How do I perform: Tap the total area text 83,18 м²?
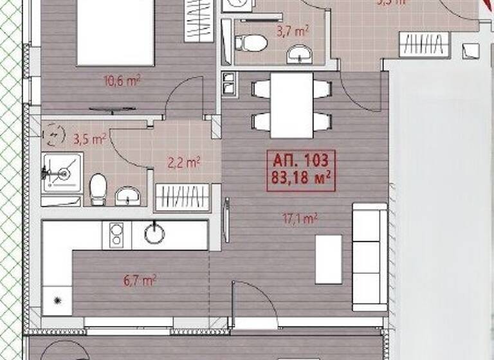pyautogui.click(x=300, y=177)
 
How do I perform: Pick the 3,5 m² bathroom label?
pyautogui.click(x=89, y=139)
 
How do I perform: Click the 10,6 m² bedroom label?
pyautogui.click(x=122, y=81)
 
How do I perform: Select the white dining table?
pyautogui.click(x=291, y=105)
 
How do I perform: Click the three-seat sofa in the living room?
pyautogui.click(x=369, y=256)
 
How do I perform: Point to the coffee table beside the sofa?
pyautogui.click(x=328, y=259)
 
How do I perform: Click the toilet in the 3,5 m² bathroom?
pyautogui.click(x=97, y=188)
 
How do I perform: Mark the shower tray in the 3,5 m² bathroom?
pyautogui.click(x=62, y=173)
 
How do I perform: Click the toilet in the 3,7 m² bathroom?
pyautogui.click(x=252, y=44)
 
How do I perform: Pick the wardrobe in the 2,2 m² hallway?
pyautogui.click(x=183, y=197)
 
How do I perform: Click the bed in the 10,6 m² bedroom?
pyautogui.click(x=116, y=32)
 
